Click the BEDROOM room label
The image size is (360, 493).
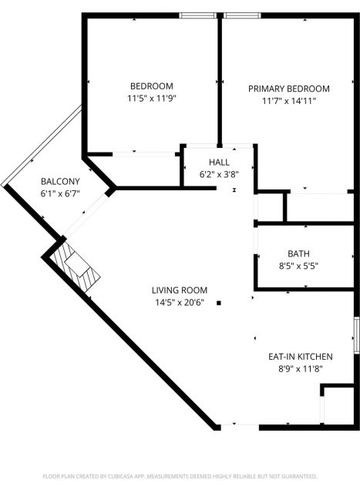(152, 86)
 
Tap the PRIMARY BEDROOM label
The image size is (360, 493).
(289, 89)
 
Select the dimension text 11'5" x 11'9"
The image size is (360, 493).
(151, 99)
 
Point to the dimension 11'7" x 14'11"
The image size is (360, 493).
(289, 101)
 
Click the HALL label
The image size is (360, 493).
(220, 163)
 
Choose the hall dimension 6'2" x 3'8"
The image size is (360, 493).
(220, 175)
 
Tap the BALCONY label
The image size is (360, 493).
(60, 182)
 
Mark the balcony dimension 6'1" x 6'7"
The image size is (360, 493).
(60, 193)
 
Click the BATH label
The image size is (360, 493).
(298, 253)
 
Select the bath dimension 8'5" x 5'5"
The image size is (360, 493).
(298, 266)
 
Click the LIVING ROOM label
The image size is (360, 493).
(180, 290)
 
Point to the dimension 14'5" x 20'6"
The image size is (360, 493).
(180, 303)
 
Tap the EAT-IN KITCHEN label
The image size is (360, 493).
(301, 357)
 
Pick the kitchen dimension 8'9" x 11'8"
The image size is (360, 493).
(301, 368)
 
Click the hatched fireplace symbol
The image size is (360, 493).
(76, 266)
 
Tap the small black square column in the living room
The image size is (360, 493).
(219, 303)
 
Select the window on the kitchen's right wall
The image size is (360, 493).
(357, 335)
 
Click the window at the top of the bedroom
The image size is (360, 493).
(198, 15)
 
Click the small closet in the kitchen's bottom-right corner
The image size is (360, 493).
(338, 406)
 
